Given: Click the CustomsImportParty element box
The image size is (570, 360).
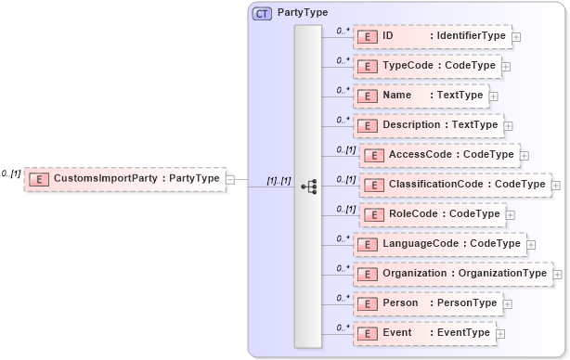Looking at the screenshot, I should coord(125,178).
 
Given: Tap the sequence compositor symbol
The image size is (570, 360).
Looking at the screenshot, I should coord(308,186).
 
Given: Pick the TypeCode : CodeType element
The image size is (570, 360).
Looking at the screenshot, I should coord(427,67).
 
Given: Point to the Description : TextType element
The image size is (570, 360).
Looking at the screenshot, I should coord(428,124).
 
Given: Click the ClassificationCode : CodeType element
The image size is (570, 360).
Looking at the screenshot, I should coord(454,185).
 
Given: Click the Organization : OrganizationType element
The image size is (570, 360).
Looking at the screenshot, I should coord(452,274).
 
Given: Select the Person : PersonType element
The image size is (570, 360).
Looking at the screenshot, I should coord(427,303).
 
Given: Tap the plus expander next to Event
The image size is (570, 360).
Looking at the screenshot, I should coord(500,334).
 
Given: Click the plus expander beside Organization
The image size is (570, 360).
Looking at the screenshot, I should coord(558,275).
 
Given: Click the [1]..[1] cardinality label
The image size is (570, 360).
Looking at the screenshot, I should coord(279,180).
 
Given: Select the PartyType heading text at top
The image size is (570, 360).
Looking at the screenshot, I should coord(302,13).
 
